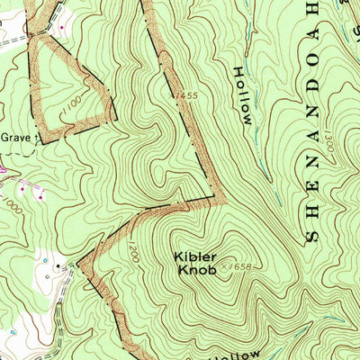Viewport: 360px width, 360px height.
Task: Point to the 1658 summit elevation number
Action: [240, 266]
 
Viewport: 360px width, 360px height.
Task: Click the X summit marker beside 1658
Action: [224, 265]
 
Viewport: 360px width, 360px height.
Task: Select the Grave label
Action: [14, 138]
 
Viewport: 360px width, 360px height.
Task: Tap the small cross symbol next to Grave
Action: [38, 138]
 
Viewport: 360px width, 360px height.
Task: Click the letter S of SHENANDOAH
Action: [313, 235]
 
